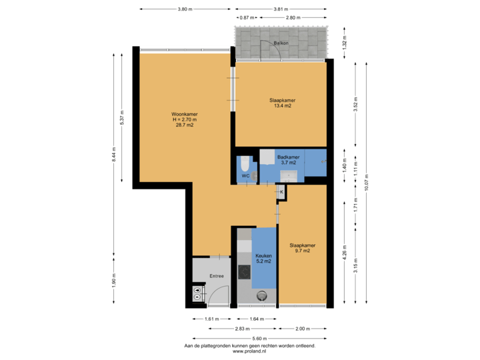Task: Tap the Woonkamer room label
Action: coord(184,119)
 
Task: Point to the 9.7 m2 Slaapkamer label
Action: coord(302,248)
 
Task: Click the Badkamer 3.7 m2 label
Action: coord(289,160)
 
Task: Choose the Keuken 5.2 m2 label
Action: coord(263,257)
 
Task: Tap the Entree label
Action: coord(217,275)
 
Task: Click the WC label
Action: coord(245,176)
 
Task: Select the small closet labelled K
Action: coord(281,192)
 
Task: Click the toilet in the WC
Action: coord(245,164)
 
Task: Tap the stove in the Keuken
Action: coord(244,272)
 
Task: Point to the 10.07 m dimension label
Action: coord(367,181)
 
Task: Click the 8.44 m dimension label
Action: coord(114,155)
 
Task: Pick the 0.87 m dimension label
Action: coord(247,17)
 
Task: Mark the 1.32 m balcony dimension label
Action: coord(345,43)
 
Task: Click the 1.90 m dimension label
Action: coord(114,278)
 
